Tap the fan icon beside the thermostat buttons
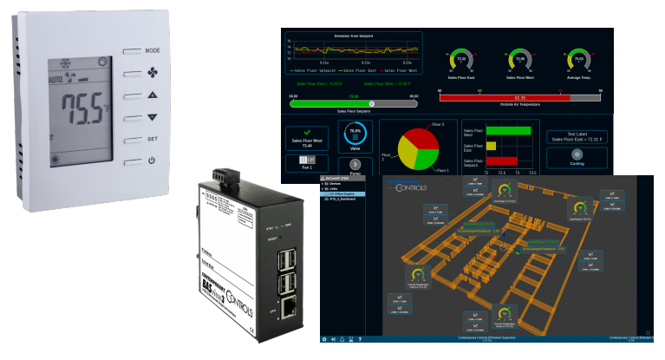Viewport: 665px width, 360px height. click(153, 73)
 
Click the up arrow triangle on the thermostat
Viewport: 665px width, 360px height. click(153, 95)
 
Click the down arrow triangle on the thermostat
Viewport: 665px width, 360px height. click(153, 117)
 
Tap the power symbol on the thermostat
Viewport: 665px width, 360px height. click(153, 160)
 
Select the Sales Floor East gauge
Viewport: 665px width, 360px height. click(461, 60)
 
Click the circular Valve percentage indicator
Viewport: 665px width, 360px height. click(354, 136)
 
